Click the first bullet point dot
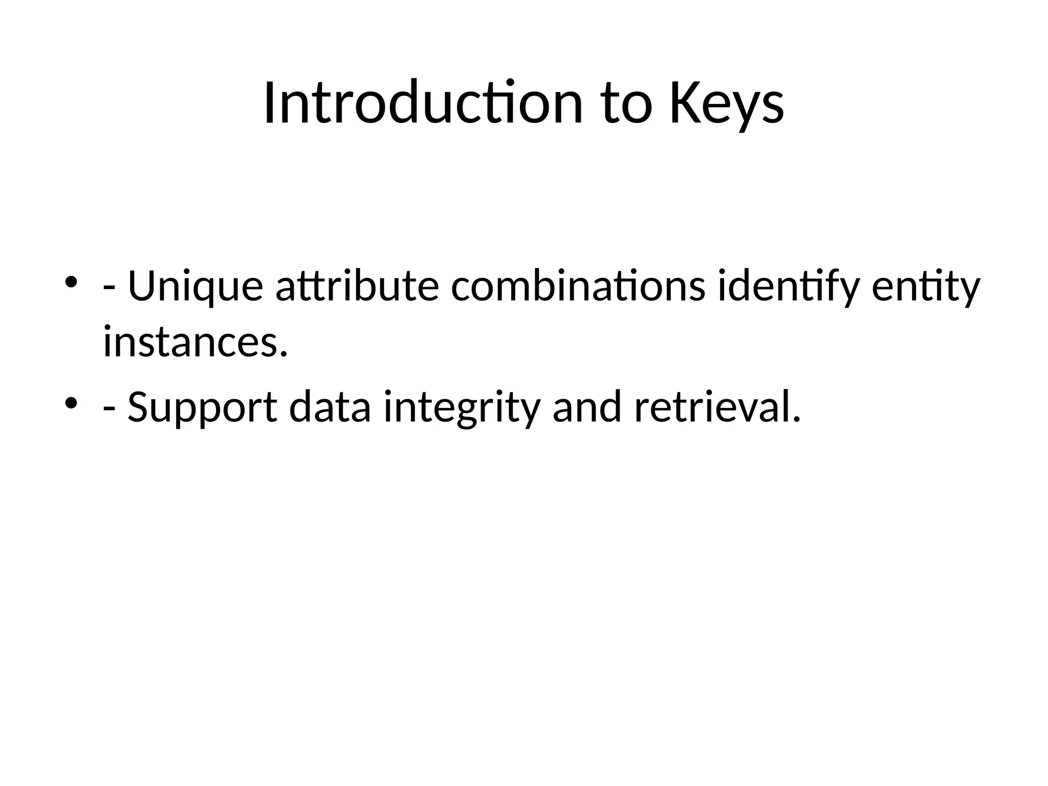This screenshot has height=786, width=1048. tap(71, 282)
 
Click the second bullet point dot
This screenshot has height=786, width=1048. tap(71, 403)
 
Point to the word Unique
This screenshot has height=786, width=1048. tap(195, 287)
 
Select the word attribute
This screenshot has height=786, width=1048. tap(357, 287)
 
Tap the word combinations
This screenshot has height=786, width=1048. tap(578, 287)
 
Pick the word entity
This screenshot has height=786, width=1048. tap(926, 287)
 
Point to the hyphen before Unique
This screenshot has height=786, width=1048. tap(109, 289)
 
